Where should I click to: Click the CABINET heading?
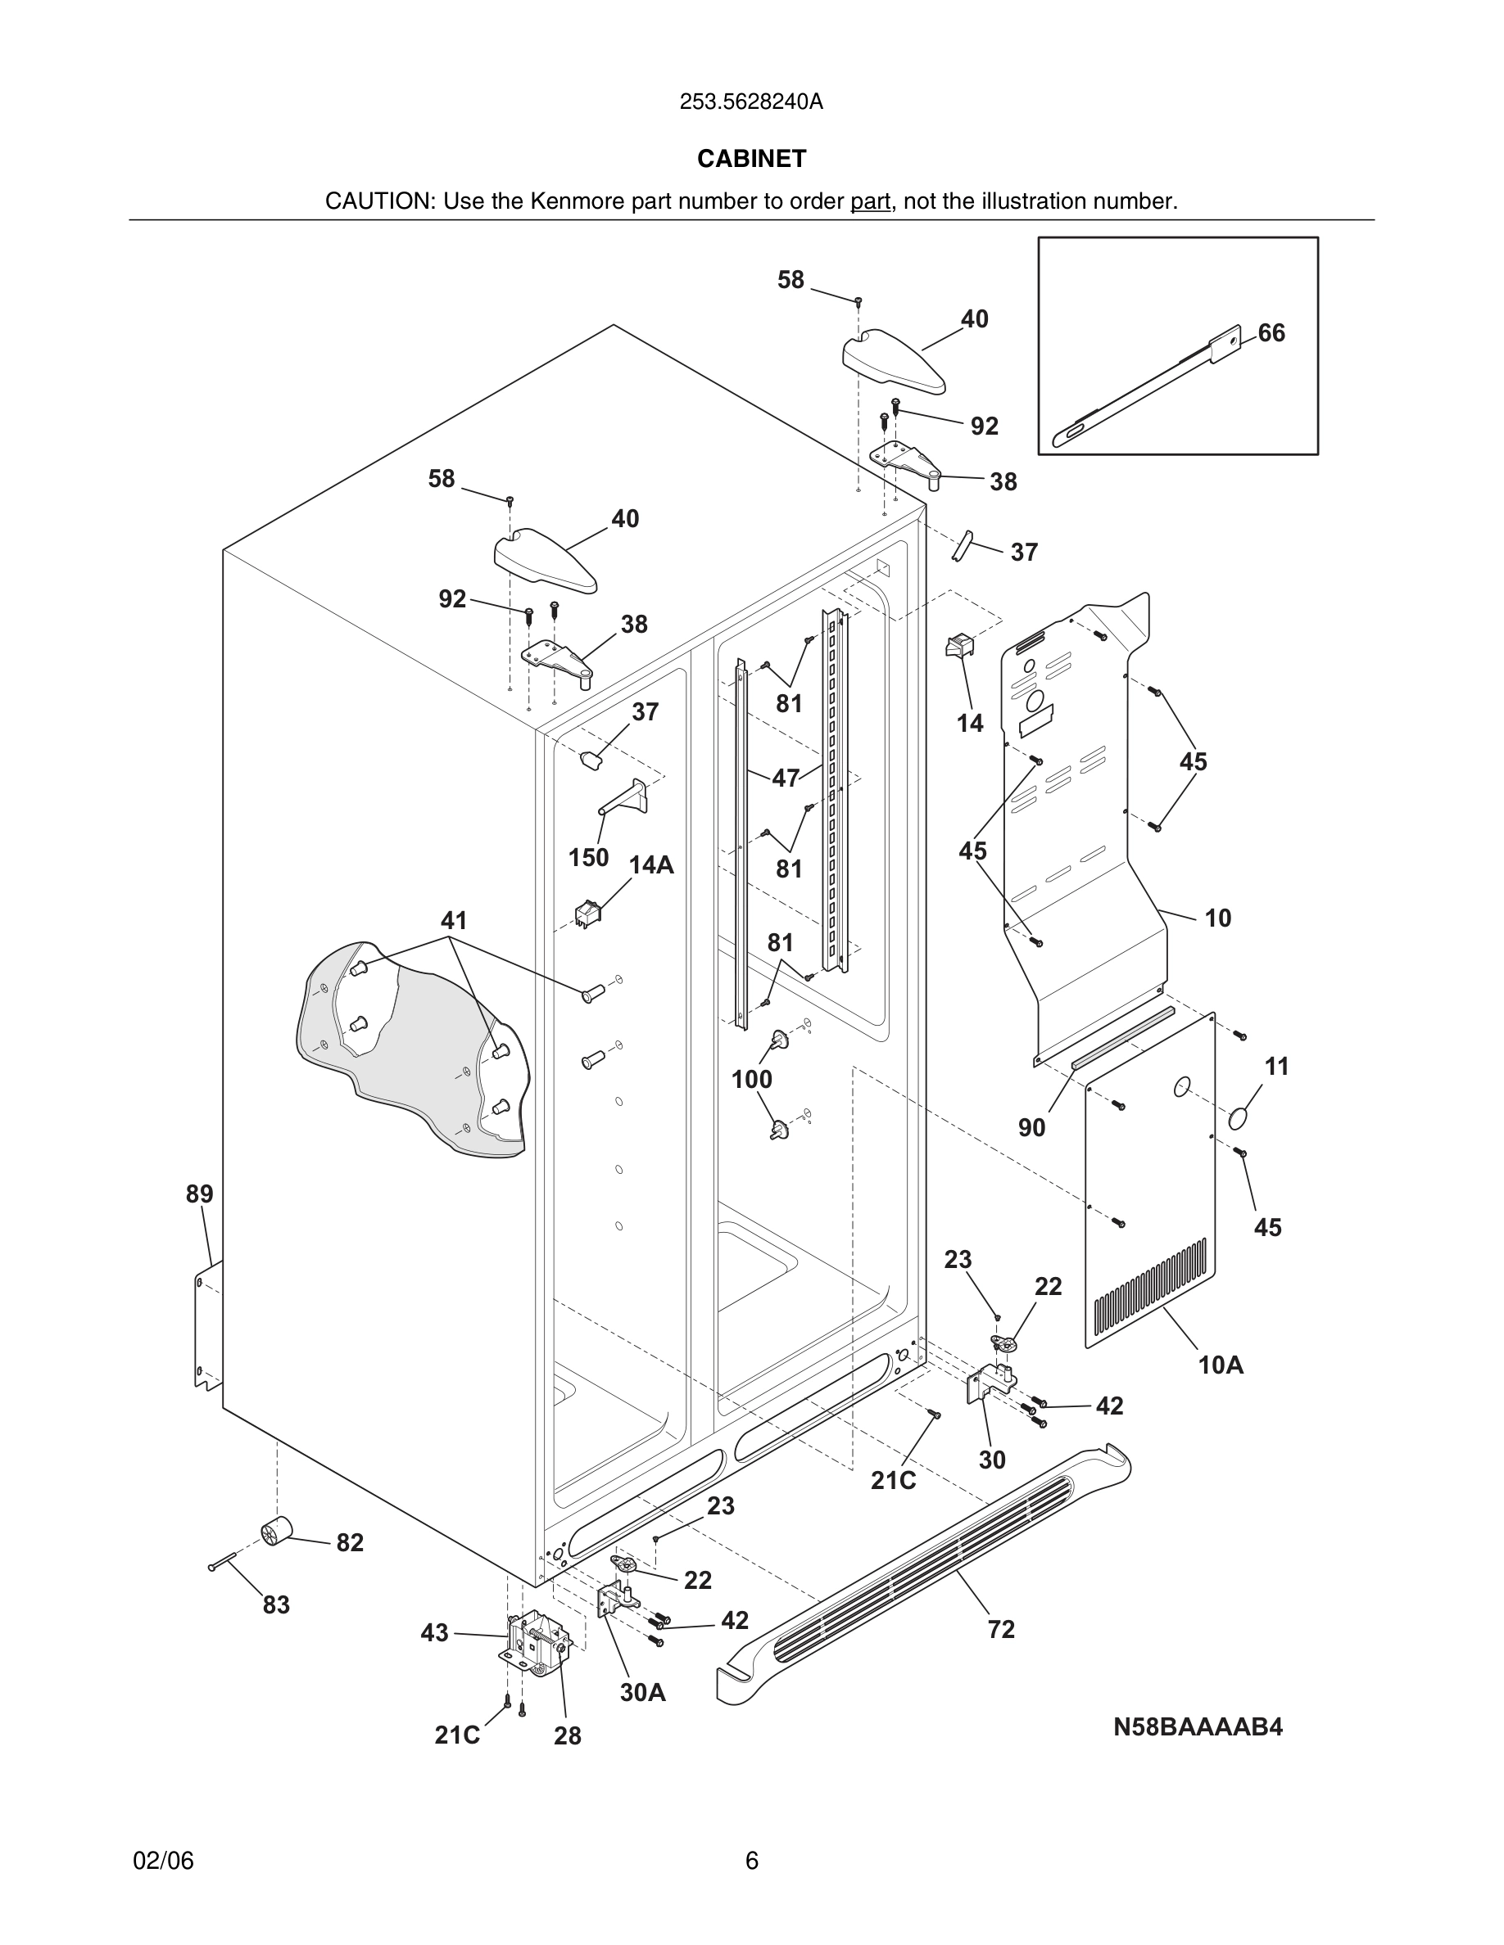[751, 159]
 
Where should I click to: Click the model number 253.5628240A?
[751, 102]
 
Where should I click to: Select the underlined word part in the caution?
[870, 202]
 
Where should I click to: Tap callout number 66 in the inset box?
[1271, 333]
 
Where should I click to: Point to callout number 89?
[200, 1194]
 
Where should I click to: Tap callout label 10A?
[1220, 1365]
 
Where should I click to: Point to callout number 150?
[588, 858]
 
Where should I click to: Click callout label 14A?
[651, 864]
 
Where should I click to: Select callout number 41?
[454, 920]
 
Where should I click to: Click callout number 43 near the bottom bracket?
[434, 1633]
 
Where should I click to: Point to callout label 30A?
[642, 1692]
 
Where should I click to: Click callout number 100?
[751, 1080]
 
